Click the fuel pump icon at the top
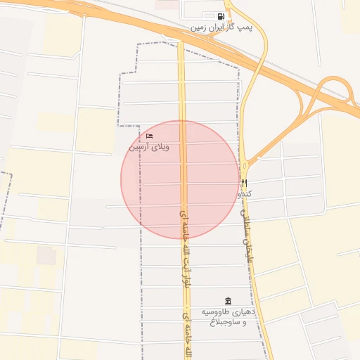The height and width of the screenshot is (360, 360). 221,16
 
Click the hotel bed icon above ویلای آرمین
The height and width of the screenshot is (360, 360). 149,136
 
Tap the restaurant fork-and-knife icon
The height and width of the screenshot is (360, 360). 244,183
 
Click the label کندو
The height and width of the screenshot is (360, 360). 245,193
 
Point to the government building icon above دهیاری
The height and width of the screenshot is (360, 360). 227,300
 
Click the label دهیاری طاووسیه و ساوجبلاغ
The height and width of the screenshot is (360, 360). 225,316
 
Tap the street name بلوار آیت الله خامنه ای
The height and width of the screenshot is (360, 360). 185,246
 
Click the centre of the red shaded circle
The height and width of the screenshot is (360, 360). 180,180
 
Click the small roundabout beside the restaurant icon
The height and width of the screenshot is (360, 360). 245,166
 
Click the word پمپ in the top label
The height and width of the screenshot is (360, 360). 244,27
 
